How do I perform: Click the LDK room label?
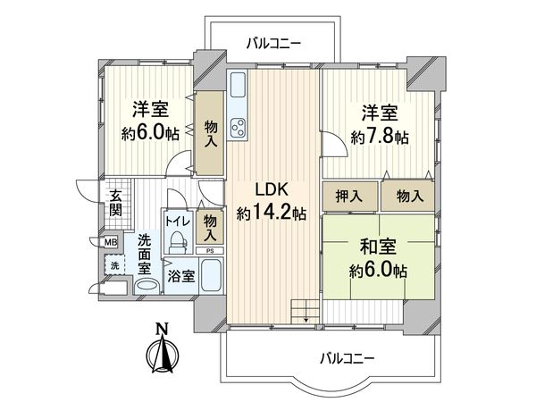tap(272, 190)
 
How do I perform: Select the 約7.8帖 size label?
tap(380, 138)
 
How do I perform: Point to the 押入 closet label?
tap(349, 195)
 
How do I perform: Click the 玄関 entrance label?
tap(117, 204)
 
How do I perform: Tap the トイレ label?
tap(175, 217)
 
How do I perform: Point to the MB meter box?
tap(112, 242)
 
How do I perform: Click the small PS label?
tap(210, 251)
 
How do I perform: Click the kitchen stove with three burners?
tap(239, 130)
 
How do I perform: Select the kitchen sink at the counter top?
tap(239, 88)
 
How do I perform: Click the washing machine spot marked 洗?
tap(115, 265)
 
